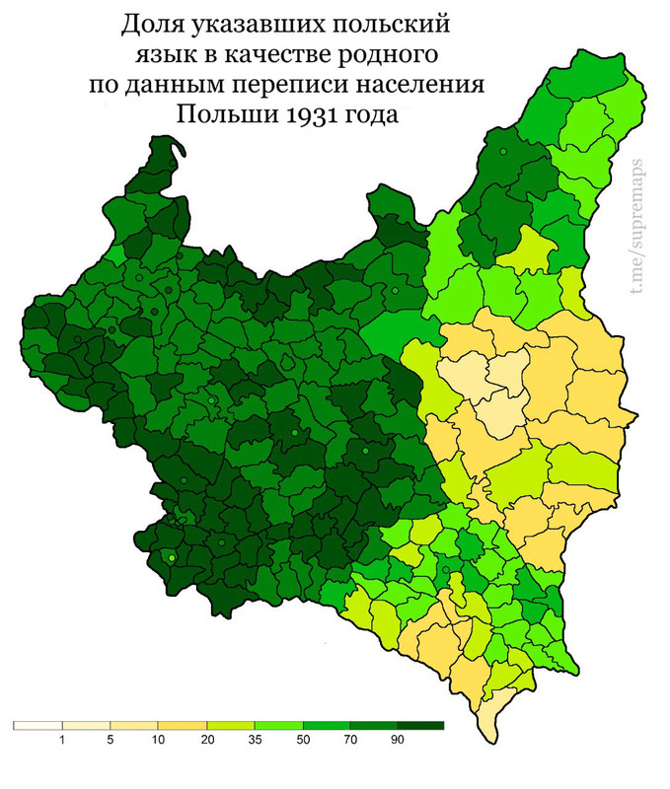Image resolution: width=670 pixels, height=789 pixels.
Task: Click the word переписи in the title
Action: (300, 85)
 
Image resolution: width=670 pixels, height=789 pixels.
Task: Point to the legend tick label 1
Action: (62, 740)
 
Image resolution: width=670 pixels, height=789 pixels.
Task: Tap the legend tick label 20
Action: (206, 740)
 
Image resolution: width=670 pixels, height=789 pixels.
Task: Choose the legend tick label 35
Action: (255, 740)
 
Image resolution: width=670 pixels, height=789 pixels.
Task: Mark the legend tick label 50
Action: (302, 740)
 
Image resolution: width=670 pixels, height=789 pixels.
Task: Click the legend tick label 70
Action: (350, 740)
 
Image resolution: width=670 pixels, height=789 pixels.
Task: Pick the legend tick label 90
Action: (398, 740)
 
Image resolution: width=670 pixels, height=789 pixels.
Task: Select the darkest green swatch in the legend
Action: (421, 725)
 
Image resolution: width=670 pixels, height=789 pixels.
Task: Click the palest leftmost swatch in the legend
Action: (37, 725)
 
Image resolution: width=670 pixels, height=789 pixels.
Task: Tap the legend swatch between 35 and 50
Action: (278, 725)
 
